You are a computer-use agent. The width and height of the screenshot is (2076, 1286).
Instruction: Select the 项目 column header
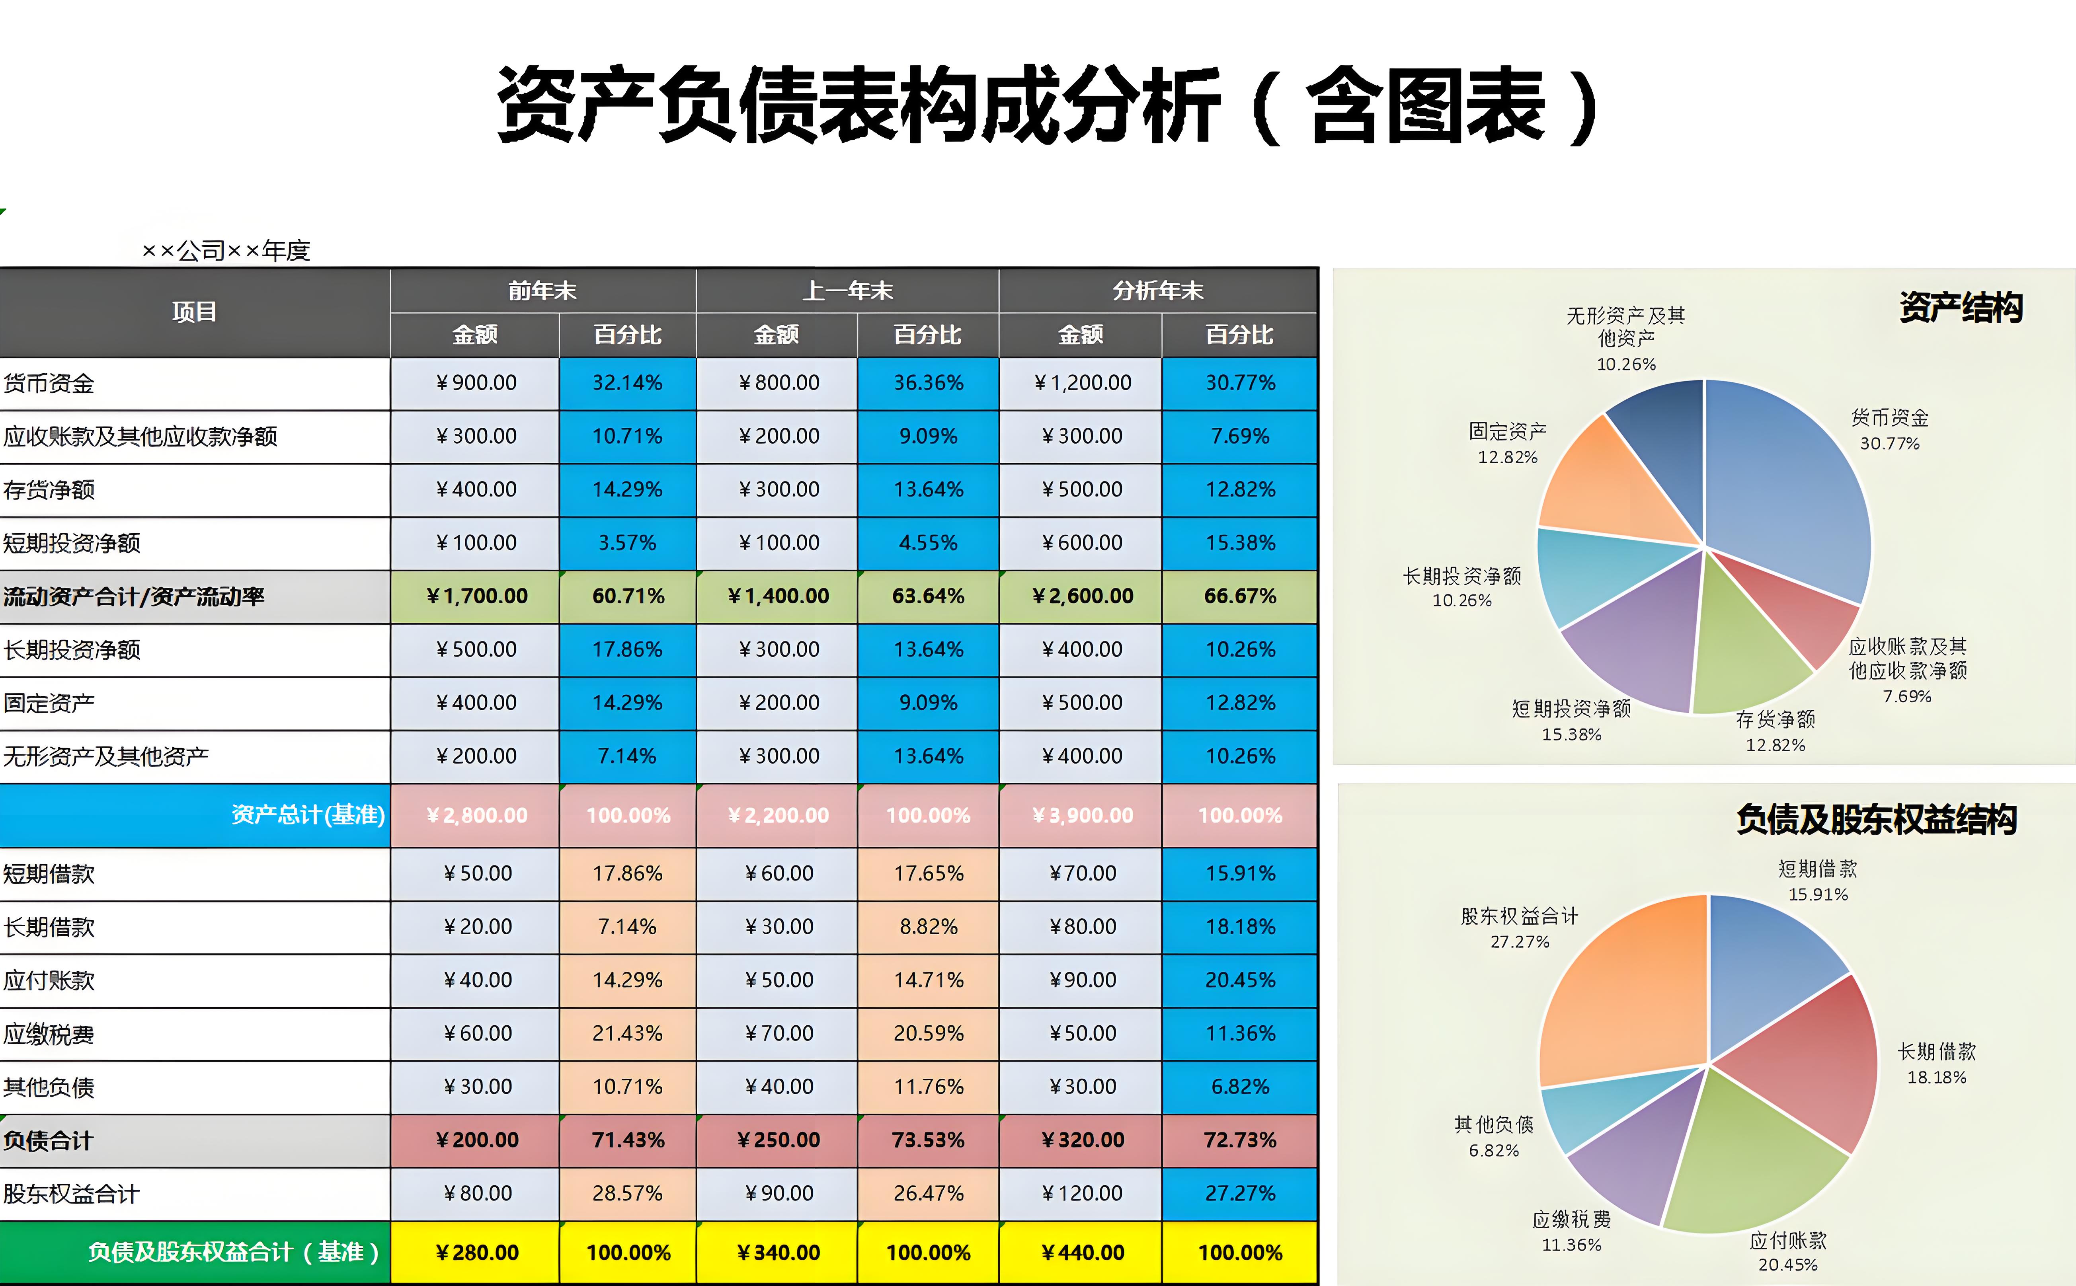point(194,312)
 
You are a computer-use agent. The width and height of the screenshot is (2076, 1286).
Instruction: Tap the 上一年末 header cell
point(847,291)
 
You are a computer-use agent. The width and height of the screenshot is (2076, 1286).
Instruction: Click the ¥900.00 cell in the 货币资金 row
point(476,383)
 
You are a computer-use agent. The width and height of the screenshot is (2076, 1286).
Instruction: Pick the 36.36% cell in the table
point(928,383)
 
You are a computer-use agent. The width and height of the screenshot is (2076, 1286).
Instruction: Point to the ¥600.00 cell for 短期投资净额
point(1081,543)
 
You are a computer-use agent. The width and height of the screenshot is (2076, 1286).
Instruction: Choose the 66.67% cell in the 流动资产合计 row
point(1240,596)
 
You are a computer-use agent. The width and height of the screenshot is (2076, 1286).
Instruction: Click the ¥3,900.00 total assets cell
point(1081,815)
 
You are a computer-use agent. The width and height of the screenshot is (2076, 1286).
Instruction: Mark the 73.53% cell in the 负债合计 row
point(928,1140)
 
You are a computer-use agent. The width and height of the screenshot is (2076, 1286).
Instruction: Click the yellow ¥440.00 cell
point(1081,1252)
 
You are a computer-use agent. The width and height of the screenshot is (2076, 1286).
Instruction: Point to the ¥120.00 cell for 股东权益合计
point(1081,1193)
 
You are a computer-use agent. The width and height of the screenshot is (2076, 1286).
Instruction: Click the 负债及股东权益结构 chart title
point(1876,819)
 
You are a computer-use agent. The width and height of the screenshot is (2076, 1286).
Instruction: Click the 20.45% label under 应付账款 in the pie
point(1787,1265)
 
